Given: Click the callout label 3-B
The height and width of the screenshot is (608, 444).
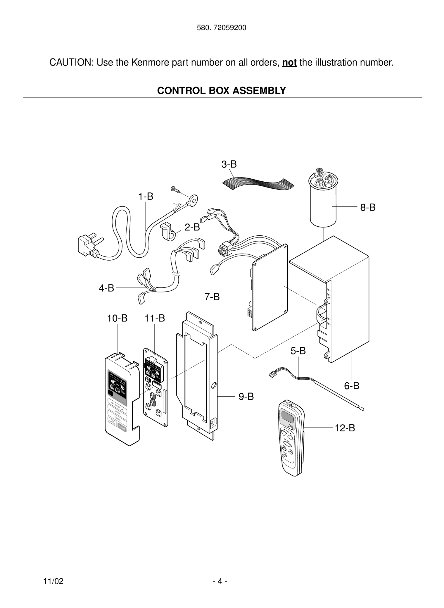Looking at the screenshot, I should point(229,164).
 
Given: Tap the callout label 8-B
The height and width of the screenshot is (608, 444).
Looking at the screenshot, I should point(368,207).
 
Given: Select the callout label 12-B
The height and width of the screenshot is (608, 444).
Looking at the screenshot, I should point(345,428).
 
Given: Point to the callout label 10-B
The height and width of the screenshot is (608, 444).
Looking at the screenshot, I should point(117,318).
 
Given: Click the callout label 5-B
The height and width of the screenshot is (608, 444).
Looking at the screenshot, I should point(298,351).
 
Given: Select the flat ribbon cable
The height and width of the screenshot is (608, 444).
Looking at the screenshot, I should point(258,183).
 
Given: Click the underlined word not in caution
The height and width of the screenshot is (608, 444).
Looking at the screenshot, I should point(289,63).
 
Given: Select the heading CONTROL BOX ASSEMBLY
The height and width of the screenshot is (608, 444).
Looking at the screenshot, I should point(221,91).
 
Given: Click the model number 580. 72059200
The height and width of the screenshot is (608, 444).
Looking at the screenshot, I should point(221,28).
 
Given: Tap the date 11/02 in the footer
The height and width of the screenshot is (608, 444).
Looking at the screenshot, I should point(53,581).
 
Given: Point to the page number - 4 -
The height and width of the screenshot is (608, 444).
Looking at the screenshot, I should point(220,581).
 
